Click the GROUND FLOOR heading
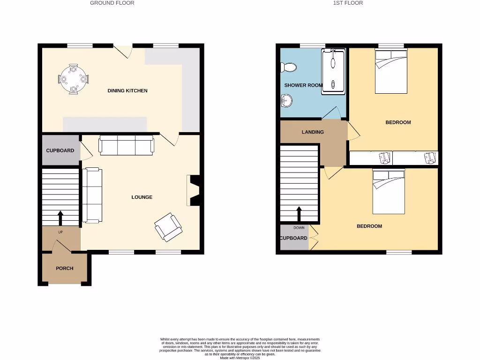(x=112, y=3)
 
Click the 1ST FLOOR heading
(x=348, y=3)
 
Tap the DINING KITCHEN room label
(x=127, y=90)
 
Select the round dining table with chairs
(x=74, y=79)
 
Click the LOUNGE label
(x=142, y=197)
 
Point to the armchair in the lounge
(x=168, y=227)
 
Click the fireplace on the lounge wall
(x=193, y=190)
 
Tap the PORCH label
(x=64, y=269)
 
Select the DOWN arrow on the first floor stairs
(x=299, y=215)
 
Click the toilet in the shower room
(x=288, y=67)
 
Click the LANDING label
(x=313, y=132)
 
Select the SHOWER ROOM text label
(x=303, y=85)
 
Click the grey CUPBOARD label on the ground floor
(x=60, y=150)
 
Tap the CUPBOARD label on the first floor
(x=293, y=238)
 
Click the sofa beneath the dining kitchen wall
(x=126, y=145)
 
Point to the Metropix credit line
(x=240, y=358)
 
